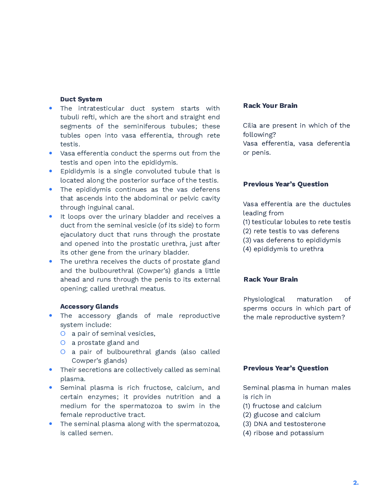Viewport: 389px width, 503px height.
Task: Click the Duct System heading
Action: pos(81,99)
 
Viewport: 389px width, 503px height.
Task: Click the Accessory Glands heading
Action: pos(89,307)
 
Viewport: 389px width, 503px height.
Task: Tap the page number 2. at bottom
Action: pos(355,483)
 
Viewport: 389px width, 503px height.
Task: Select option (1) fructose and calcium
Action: pos(282,406)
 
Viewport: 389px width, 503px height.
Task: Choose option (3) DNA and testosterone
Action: pos(284,424)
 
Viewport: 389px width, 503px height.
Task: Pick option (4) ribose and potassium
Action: pos(283,433)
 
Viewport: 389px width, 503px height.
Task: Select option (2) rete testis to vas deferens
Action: pos(291,231)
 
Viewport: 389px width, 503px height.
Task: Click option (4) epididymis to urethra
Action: pos(283,249)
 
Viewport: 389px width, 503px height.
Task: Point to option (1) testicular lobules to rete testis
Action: pos(297,222)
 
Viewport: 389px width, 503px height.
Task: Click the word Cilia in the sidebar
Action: pos(250,126)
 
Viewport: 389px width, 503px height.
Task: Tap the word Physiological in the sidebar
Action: pos(264,300)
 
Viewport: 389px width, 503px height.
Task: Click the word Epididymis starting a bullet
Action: pos(78,171)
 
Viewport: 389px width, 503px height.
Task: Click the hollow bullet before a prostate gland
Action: pos(63,343)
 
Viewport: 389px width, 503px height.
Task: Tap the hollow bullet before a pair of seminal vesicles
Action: pos(63,334)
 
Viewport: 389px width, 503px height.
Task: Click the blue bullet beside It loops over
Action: pos(51,216)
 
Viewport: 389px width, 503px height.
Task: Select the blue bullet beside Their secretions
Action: pos(51,370)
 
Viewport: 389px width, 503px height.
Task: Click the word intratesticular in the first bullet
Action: pos(101,109)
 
